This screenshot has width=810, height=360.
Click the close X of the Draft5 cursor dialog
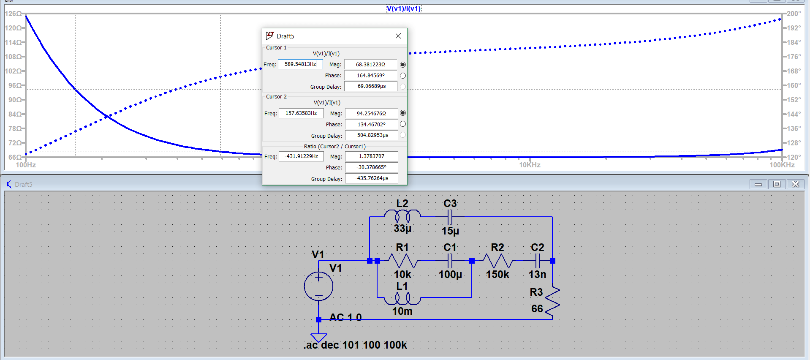tap(398, 36)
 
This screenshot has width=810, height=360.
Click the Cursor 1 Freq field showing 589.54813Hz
tap(300, 64)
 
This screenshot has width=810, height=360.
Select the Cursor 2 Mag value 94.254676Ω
tap(371, 113)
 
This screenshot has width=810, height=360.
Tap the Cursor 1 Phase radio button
tap(402, 76)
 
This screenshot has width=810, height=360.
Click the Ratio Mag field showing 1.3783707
tap(371, 156)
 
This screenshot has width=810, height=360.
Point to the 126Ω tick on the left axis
tap(13, 14)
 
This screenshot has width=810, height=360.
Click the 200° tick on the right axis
tap(793, 14)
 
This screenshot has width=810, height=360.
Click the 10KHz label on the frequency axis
tap(530, 165)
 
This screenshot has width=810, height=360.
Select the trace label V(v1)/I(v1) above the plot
tap(403, 9)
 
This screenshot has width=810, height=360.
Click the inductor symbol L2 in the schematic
tap(402, 216)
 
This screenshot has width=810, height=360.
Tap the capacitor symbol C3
tap(450, 217)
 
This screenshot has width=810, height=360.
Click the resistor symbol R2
tap(497, 261)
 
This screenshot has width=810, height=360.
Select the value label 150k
tap(497, 275)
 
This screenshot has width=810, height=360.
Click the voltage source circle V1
tap(318, 286)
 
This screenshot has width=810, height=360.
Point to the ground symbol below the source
tap(318, 337)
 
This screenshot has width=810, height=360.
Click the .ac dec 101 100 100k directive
tap(355, 345)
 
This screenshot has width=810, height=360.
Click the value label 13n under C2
tap(537, 275)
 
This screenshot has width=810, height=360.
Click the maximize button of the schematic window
tap(777, 184)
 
